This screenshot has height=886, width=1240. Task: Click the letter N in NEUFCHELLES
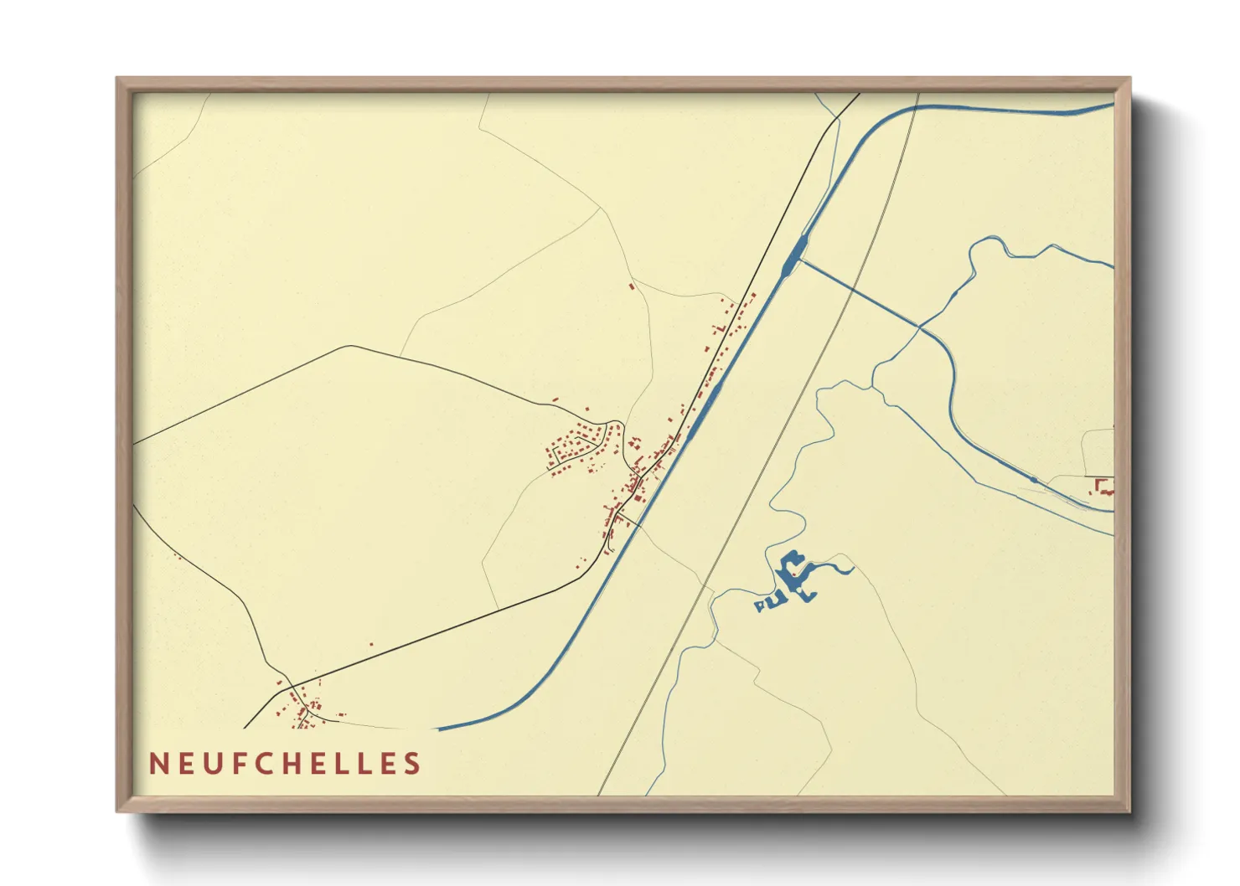(157, 764)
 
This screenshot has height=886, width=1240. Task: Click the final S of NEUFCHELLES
(412, 764)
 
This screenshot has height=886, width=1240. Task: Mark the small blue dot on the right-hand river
(1034, 480)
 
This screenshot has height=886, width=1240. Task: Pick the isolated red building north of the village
(632, 286)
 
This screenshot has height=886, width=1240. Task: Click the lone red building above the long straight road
(371, 644)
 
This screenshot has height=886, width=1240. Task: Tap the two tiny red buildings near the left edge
(177, 555)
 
